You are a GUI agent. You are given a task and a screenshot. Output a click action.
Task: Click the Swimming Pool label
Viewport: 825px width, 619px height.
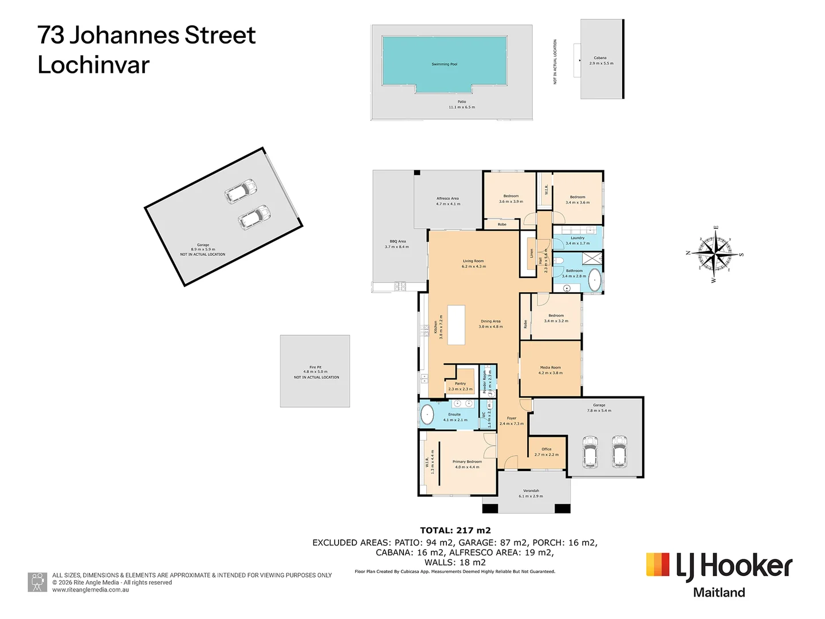click(x=444, y=64)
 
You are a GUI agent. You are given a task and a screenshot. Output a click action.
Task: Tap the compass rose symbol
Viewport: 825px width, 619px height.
click(x=714, y=253)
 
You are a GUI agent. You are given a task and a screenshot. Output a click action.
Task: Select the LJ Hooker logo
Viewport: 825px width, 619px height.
click(x=719, y=574)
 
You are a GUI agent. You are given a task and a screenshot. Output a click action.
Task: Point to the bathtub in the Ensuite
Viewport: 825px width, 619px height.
click(x=427, y=414)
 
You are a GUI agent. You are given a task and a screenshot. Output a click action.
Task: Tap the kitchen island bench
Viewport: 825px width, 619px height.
click(x=456, y=325)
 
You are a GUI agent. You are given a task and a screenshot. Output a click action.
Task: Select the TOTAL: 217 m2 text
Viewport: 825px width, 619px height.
click(x=455, y=531)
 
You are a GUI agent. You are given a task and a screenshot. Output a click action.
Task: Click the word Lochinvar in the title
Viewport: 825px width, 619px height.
click(x=93, y=65)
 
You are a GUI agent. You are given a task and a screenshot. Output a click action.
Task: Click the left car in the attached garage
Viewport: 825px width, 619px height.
click(x=590, y=452)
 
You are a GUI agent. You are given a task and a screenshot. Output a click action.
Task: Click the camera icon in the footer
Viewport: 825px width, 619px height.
click(x=38, y=582)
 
